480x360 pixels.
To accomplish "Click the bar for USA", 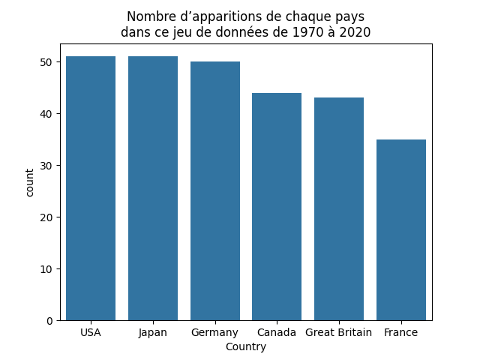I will pyautogui.click(x=91, y=188).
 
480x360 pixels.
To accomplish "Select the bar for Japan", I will pyautogui.click(x=153, y=188).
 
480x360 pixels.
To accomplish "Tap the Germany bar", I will pyautogui.click(x=215, y=191).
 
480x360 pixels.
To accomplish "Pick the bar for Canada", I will pyautogui.click(x=277, y=206).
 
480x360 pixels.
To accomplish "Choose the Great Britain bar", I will pyautogui.click(x=339, y=209).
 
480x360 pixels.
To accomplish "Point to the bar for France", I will pyautogui.click(x=401, y=229).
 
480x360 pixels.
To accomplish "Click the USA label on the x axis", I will pyautogui.click(x=91, y=332).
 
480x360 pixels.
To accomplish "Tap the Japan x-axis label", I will pyautogui.click(x=153, y=332).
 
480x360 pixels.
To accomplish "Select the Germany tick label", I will pyautogui.click(x=215, y=332).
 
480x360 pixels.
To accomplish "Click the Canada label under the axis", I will pyautogui.click(x=277, y=332).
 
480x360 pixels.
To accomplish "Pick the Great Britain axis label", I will pyautogui.click(x=339, y=332).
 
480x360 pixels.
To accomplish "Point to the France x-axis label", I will pyautogui.click(x=401, y=332).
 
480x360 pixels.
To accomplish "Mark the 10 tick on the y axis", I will pyautogui.click(x=48, y=269).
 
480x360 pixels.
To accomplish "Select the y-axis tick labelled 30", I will pyautogui.click(x=48, y=166).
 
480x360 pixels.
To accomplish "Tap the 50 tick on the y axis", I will pyautogui.click(x=48, y=62).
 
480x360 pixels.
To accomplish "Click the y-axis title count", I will pyautogui.click(x=30, y=182).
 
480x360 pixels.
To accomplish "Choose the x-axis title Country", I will pyautogui.click(x=246, y=347).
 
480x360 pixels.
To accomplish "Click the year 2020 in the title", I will pyautogui.click(x=355, y=32).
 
